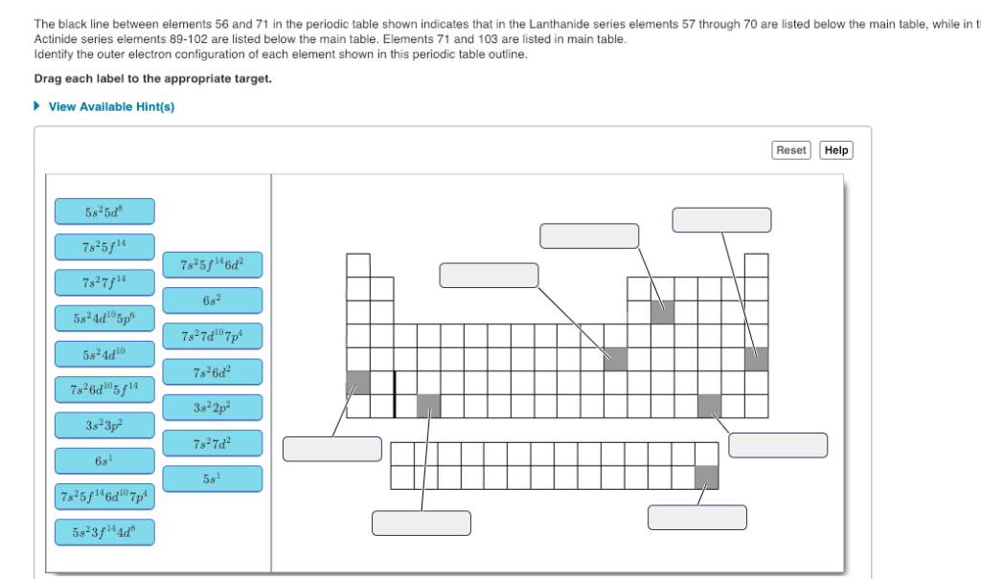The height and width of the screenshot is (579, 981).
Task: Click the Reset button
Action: click(x=791, y=150)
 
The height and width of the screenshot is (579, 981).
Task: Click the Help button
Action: click(x=836, y=150)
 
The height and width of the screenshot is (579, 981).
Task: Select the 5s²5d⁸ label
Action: click(x=104, y=211)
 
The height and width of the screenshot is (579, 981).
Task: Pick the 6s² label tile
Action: click(x=212, y=300)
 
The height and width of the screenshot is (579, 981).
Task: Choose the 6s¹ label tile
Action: click(x=104, y=460)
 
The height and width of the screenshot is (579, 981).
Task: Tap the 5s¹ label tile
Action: click(x=212, y=479)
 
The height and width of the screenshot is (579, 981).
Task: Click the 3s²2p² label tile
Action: click(x=212, y=407)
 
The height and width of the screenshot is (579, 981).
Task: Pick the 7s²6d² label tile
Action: click(x=212, y=371)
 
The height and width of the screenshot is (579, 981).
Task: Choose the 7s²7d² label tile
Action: click(x=212, y=443)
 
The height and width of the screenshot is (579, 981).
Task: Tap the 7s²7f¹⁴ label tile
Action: click(x=104, y=282)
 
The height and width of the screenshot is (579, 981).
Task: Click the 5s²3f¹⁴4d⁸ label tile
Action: click(x=104, y=531)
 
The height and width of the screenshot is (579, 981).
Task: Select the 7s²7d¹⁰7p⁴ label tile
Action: click(x=212, y=336)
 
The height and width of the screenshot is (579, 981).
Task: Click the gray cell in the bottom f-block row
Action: click(x=707, y=477)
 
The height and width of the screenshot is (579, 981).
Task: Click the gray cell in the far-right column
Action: click(x=756, y=359)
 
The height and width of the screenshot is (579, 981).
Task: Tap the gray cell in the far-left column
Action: click(x=357, y=383)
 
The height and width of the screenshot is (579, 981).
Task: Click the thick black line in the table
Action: click(x=394, y=394)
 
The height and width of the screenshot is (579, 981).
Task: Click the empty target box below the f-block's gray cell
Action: click(x=696, y=517)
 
